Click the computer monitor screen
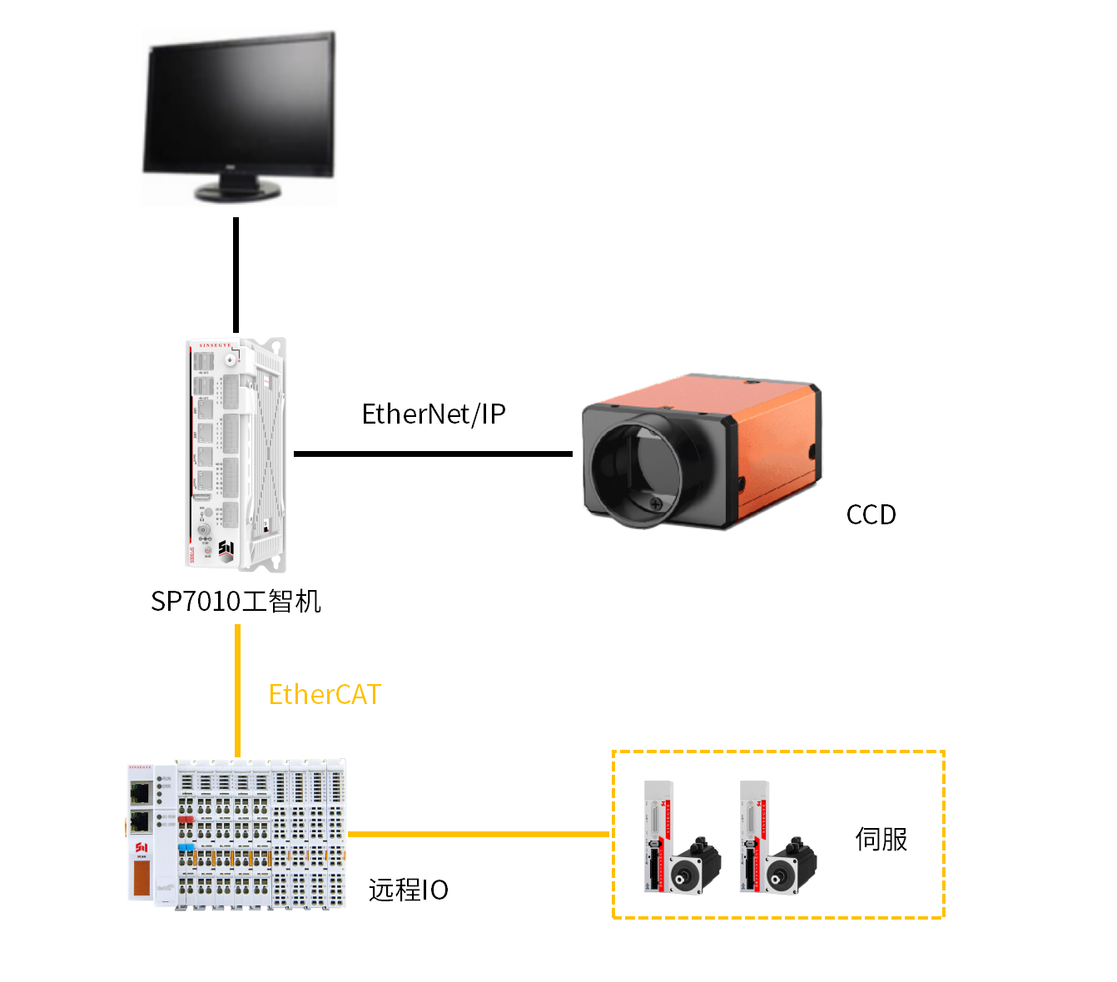pos(239,107)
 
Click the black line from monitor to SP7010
pos(236,275)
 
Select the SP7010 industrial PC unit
pos(236,454)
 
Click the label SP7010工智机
pos(236,601)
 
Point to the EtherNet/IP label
pos(434,414)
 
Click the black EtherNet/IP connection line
pos(433,454)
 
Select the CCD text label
pos(871,515)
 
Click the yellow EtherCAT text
pos(325,694)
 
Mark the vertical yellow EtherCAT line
pos(238,691)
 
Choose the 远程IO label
pos(409,890)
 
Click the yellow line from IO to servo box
pos(479,833)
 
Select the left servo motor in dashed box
pos(695,865)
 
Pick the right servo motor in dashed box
pos(791,865)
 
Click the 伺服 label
pos(881,839)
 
